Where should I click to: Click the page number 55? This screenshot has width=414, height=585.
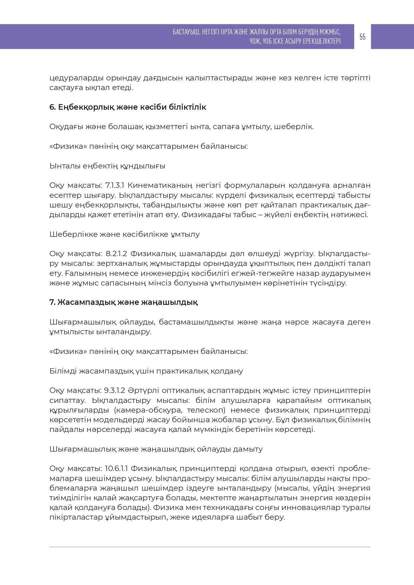362,37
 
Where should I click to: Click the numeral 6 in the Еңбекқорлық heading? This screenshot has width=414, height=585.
52,107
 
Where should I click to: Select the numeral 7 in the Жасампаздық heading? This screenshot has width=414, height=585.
52,302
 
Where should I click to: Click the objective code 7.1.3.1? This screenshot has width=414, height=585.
115,185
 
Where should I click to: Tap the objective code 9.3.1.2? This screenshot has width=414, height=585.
114,390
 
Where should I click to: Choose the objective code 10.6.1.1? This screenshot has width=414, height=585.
116,468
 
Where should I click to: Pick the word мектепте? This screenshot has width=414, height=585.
254,498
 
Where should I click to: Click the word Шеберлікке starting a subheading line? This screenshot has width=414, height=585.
73,234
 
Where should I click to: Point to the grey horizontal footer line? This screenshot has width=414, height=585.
210,547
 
